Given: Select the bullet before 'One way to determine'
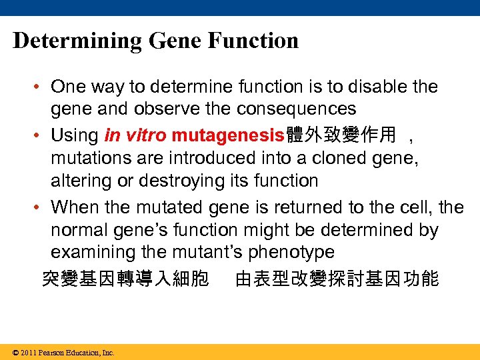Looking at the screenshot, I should [x=41, y=87].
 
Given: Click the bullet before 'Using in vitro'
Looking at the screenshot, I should [x=41, y=136].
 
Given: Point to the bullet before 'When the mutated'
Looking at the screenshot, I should [x=41, y=208].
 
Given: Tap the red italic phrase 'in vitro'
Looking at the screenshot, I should [x=135, y=136].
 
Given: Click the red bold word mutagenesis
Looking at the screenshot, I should [x=228, y=136].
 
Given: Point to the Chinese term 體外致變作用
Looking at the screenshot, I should [x=341, y=136].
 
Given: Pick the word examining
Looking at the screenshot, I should [x=93, y=253].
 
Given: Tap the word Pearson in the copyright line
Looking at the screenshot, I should [x=51, y=353].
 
